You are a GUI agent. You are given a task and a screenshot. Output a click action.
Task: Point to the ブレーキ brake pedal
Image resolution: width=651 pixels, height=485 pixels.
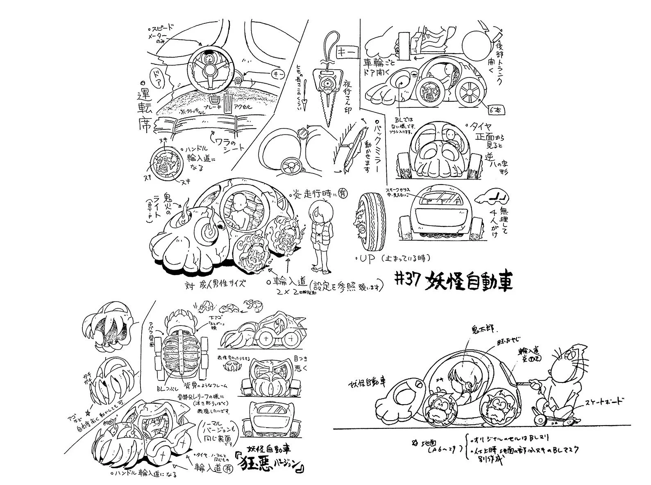click(x=213, y=100)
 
